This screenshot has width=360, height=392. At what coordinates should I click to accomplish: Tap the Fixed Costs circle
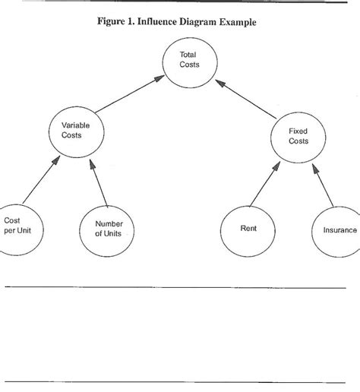(298, 137)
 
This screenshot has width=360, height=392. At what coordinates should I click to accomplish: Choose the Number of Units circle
(108, 229)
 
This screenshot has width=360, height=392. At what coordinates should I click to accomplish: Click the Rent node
(247, 229)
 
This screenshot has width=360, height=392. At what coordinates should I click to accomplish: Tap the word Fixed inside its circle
(298, 131)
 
